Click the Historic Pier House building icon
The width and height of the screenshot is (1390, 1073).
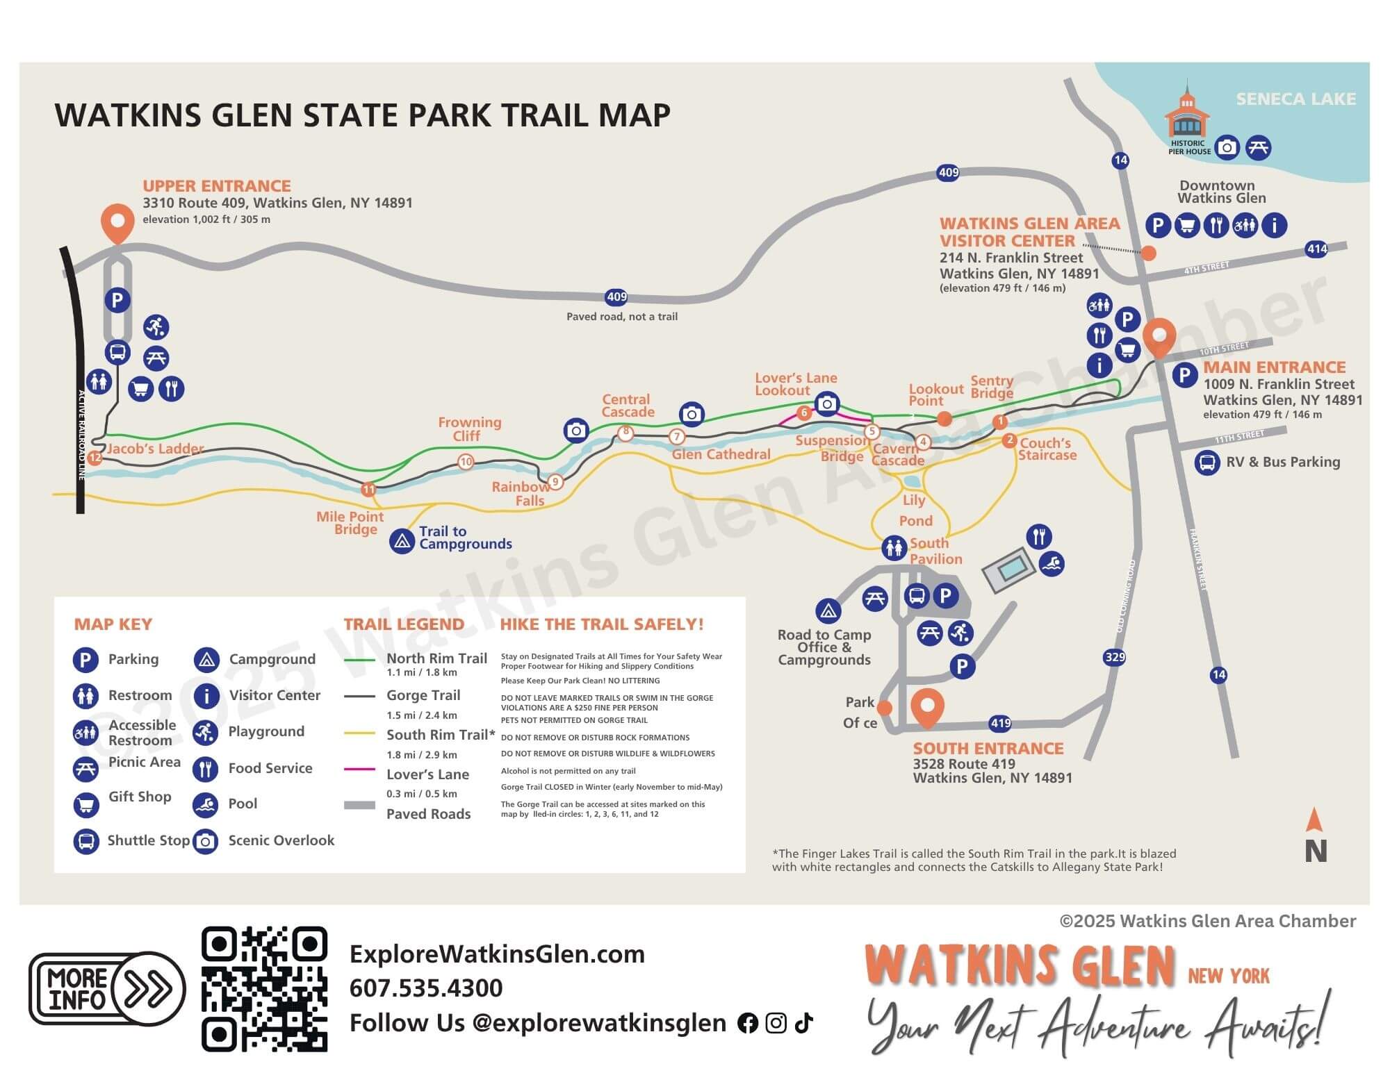[x=1187, y=115]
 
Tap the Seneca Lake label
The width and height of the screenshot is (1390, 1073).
[x=1295, y=99]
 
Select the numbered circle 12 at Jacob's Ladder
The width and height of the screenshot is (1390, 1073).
[x=95, y=458]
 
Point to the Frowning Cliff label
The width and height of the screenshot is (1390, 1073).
[x=469, y=429]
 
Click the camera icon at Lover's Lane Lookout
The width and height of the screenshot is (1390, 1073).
[x=827, y=404]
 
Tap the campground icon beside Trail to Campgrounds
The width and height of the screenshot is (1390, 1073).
[x=402, y=541]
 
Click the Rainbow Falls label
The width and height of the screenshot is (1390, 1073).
[x=521, y=493]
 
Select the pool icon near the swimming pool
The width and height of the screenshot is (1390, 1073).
[x=1052, y=563]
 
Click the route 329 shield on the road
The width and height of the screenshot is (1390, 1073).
[x=1114, y=657]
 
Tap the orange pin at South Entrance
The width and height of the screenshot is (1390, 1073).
[x=927, y=706]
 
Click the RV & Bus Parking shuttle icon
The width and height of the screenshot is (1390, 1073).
[x=1207, y=463]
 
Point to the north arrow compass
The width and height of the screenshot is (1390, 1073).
[x=1314, y=836]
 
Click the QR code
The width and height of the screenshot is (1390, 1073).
[x=264, y=988]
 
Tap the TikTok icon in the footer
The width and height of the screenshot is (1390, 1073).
[x=803, y=1022]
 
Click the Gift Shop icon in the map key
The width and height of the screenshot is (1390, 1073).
[x=85, y=804]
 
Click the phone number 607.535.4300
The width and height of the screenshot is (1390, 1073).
[x=425, y=988]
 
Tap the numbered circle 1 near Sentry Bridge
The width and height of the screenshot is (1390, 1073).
[x=1000, y=422]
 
